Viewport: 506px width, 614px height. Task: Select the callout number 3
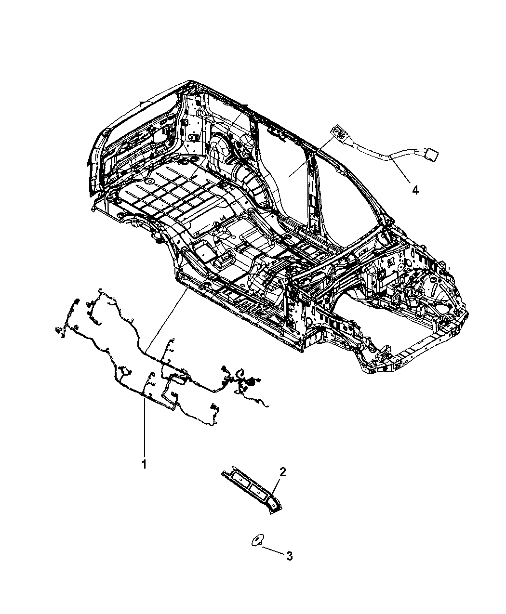coord(290,556)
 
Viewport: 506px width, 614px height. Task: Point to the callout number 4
coord(415,191)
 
